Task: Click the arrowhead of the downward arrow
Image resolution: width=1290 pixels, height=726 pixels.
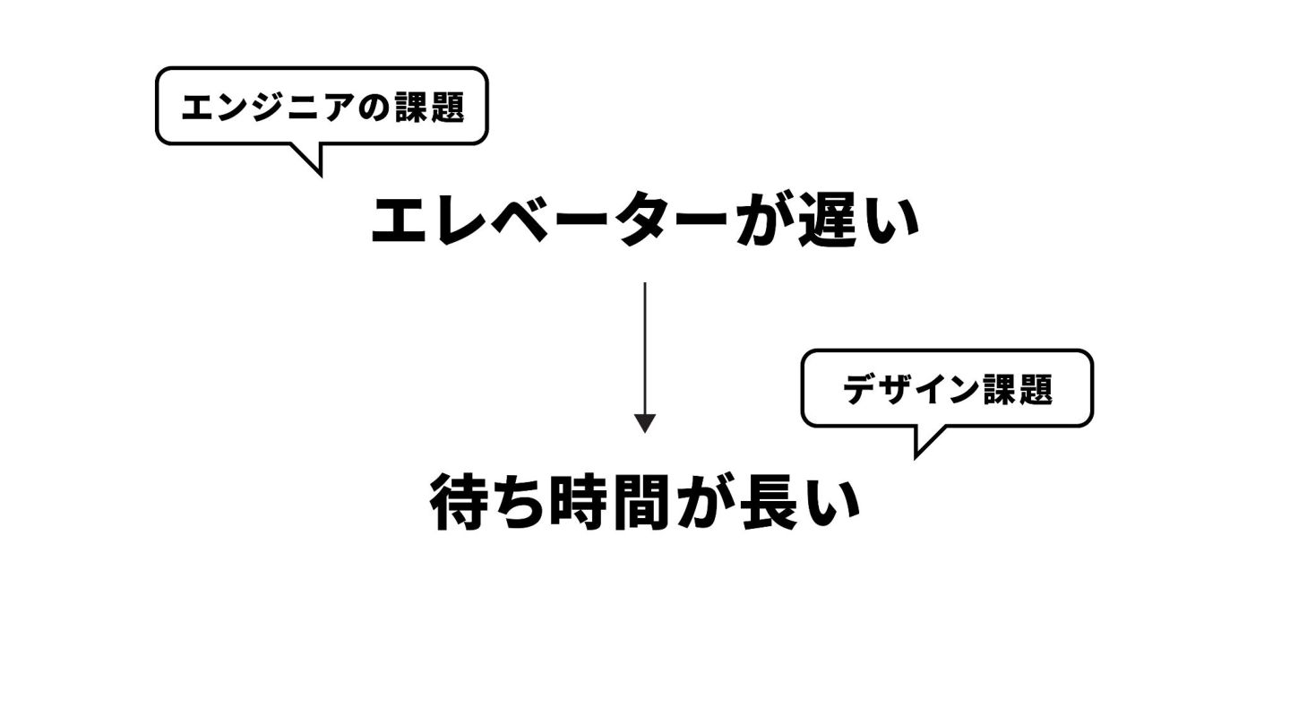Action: click(x=645, y=423)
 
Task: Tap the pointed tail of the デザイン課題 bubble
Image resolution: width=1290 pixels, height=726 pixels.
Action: click(x=923, y=445)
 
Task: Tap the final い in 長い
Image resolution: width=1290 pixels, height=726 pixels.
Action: click(x=832, y=505)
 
